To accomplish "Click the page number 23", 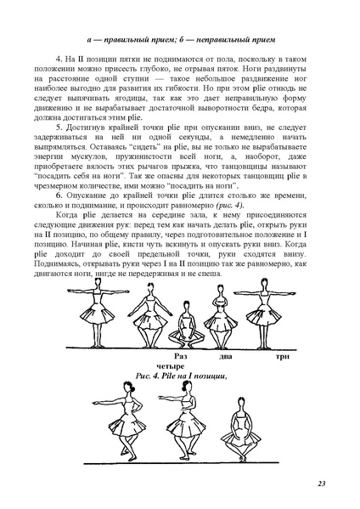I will [322, 484].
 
